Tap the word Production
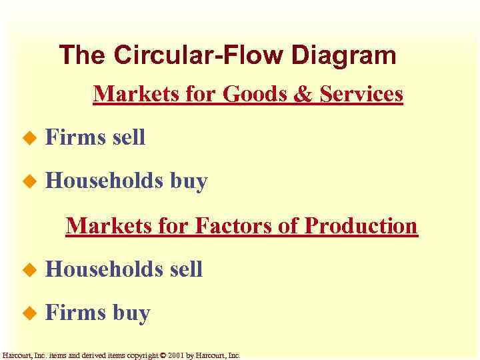361,226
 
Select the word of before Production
289,226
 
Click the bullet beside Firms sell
27,139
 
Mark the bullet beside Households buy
27,181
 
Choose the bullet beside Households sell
27,270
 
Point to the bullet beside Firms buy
27,313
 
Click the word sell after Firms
129,138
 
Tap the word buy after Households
189,181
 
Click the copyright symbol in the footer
163,355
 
